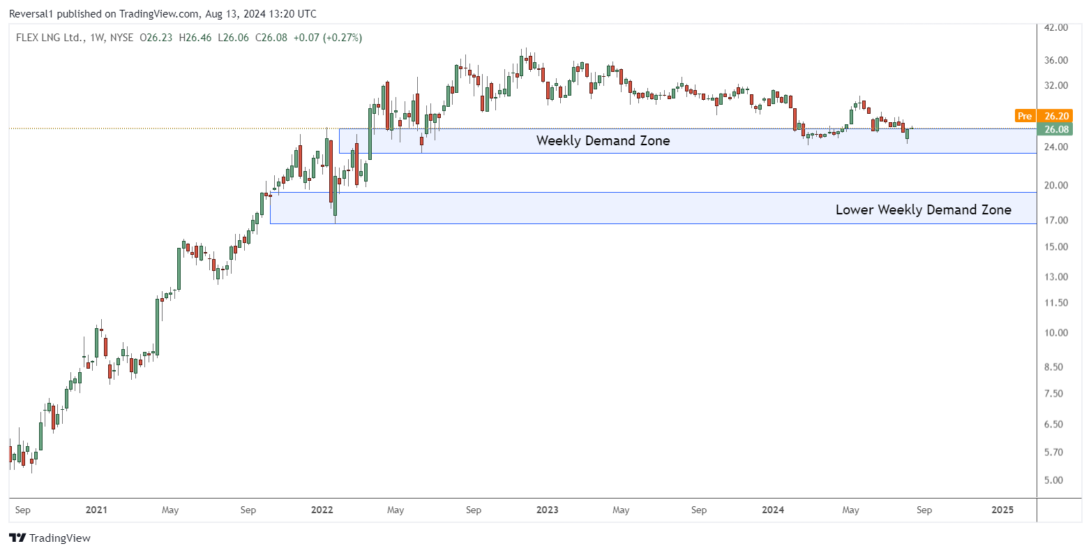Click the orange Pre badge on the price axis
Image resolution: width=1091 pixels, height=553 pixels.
coord(1025,116)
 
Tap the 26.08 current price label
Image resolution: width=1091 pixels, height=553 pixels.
coord(1057,129)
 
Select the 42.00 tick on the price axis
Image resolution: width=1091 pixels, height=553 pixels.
coord(1057,27)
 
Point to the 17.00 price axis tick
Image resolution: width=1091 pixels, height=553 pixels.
coord(1057,221)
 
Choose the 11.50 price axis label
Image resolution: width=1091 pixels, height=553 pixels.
coord(1057,303)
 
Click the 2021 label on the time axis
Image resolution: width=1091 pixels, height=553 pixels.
coord(96,510)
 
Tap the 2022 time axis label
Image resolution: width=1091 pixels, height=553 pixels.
coord(322,510)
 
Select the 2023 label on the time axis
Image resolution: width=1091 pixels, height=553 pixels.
coord(548,510)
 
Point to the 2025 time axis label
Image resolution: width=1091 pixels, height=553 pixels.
coord(1002,510)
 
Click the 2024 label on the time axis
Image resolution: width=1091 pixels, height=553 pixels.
coord(773,510)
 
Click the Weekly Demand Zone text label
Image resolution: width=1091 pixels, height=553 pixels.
coord(603,141)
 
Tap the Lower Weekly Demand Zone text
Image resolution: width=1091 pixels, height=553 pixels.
coord(923,209)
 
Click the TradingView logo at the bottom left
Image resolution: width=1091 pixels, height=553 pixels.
coord(50,538)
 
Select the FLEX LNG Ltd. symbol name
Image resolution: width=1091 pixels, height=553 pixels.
coord(47,38)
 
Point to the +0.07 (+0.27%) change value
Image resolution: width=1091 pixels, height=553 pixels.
coord(327,38)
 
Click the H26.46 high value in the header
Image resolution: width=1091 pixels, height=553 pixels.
coord(196,38)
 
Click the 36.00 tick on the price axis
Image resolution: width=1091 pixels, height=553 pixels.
coord(1057,60)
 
